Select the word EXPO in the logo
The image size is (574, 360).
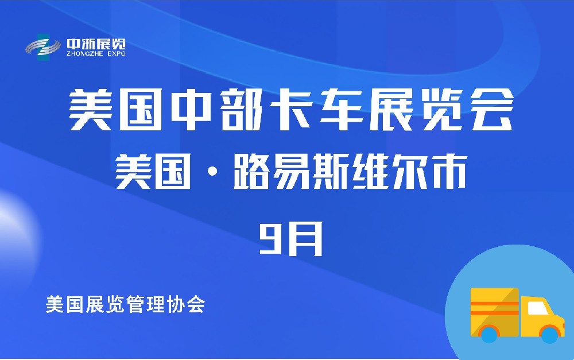[x=115, y=53]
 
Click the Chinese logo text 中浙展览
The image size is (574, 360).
[x=96, y=43]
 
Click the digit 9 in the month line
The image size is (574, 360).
[x=270, y=238]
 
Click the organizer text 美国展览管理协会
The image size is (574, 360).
[x=125, y=304]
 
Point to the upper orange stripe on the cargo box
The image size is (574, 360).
[x=494, y=303]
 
